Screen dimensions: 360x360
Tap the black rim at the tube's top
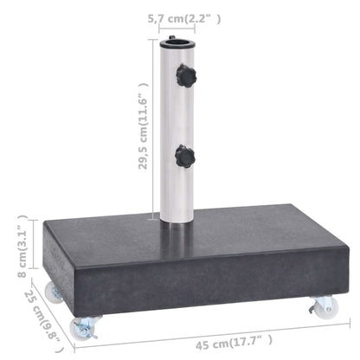pos(179,39)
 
